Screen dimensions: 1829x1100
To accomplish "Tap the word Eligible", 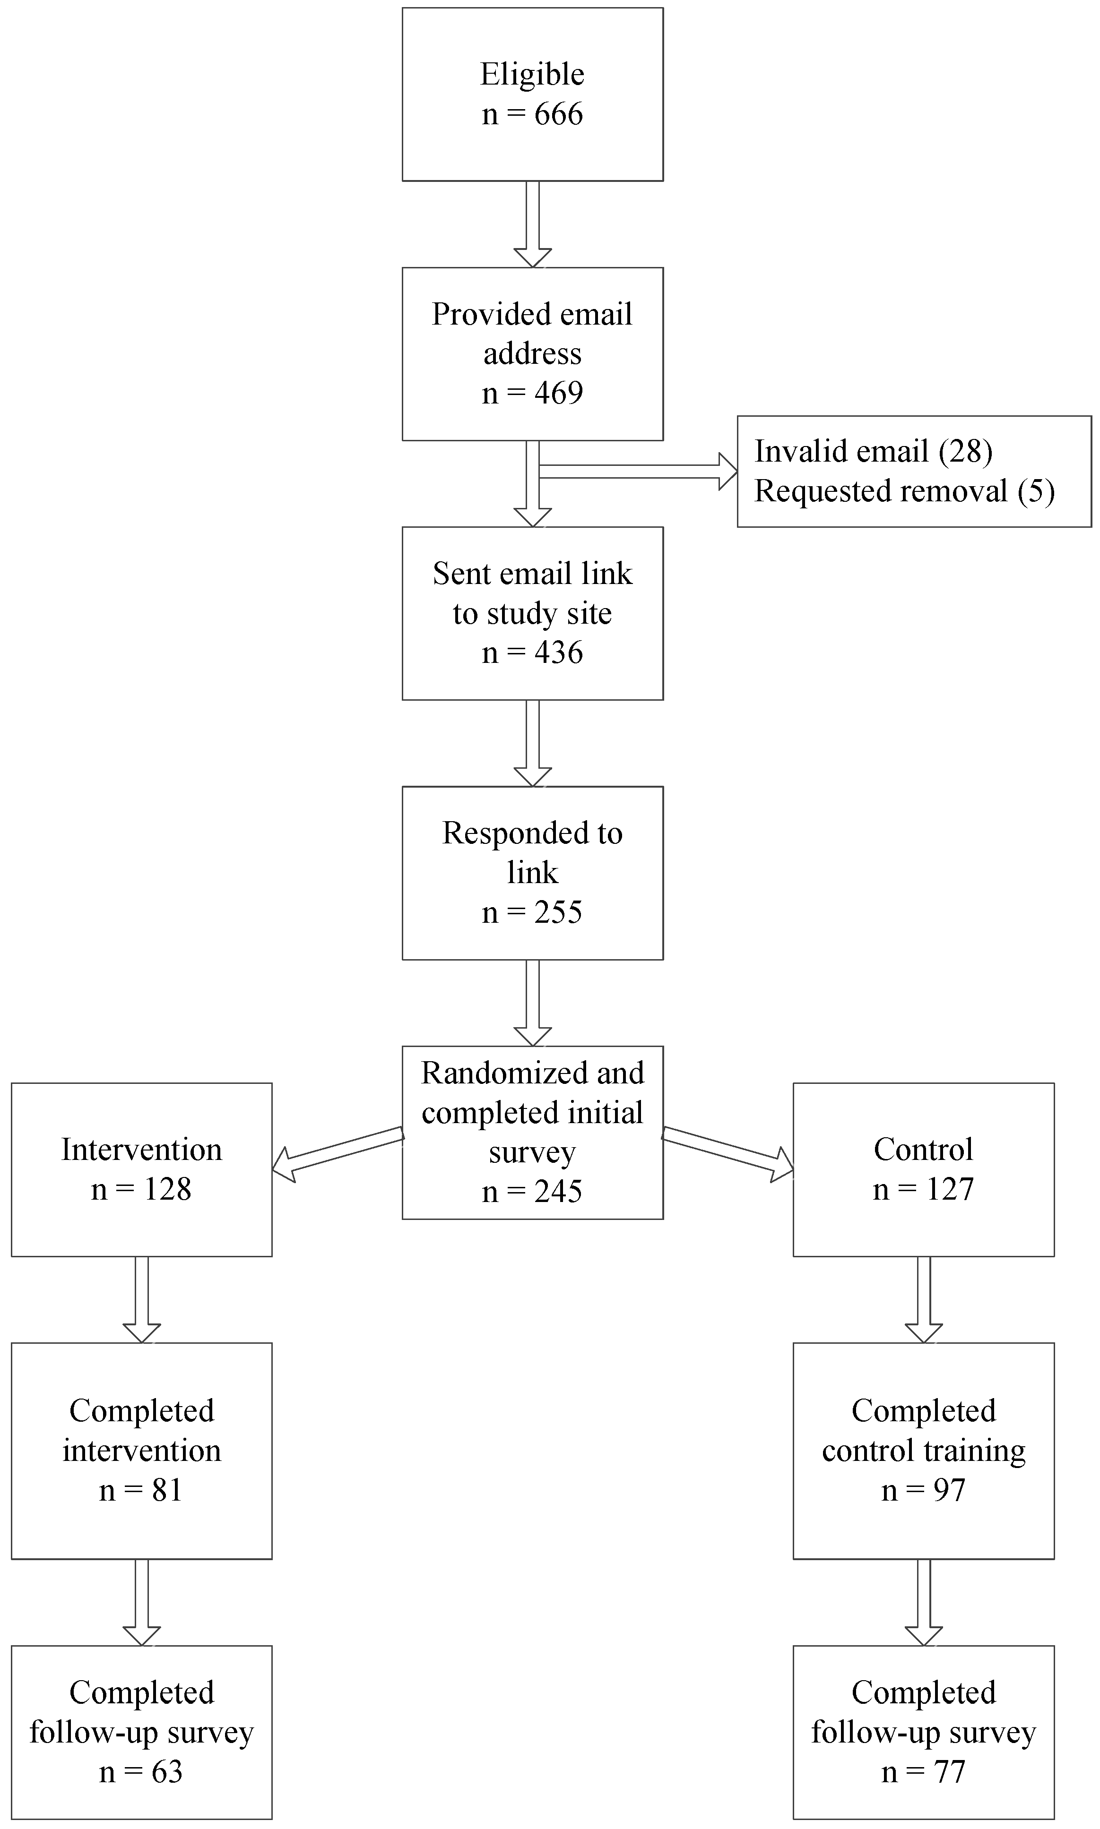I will click(x=532, y=74).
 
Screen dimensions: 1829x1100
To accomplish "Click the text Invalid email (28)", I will click(x=873, y=451).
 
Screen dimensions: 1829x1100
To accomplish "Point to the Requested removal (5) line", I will click(x=904, y=491).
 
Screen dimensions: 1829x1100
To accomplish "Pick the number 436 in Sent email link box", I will click(x=558, y=653).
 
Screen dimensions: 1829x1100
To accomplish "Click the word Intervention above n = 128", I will click(x=141, y=1150).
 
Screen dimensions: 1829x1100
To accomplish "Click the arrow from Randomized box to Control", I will click(x=727, y=1153).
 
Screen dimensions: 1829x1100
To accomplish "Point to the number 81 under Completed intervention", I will click(x=167, y=1490).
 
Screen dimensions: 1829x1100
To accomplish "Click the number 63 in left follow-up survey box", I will click(x=167, y=1772).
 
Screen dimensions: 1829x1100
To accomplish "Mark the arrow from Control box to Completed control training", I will click(x=924, y=1300).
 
